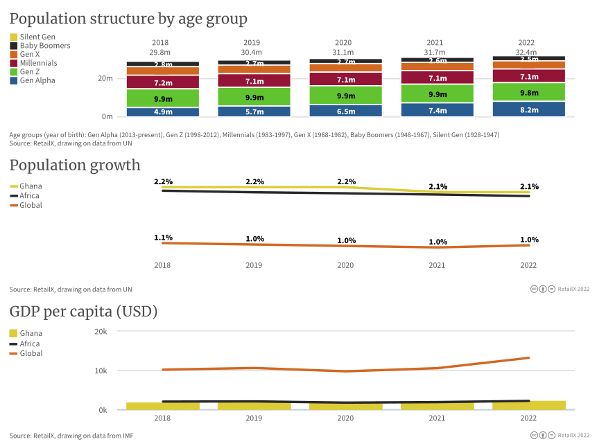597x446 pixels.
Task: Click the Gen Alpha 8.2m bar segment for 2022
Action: pyautogui.click(x=529, y=109)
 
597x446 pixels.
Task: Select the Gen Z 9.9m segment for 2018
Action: pyautogui.click(x=162, y=98)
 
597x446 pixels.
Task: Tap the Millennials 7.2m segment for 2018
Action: pyautogui.click(x=162, y=82)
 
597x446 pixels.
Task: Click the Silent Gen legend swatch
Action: pyautogui.click(x=14, y=37)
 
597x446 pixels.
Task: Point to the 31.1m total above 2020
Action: pyautogui.click(x=345, y=52)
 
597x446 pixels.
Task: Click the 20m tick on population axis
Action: pyautogui.click(x=105, y=78)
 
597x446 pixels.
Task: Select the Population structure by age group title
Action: pyautogui.click(x=128, y=19)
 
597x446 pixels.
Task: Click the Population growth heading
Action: pyautogui.click(x=75, y=165)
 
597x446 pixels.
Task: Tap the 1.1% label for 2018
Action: pyautogui.click(x=163, y=238)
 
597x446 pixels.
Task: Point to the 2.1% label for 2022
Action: pyautogui.click(x=529, y=186)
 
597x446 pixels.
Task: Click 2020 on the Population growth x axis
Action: pyautogui.click(x=345, y=265)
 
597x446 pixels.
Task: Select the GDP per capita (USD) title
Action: pyautogui.click(x=83, y=312)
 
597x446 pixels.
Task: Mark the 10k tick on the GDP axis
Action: pyautogui.click(x=101, y=371)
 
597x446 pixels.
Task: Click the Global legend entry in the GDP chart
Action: pyautogui.click(x=31, y=353)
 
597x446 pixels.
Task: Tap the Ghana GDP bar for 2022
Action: pyautogui.click(x=529, y=405)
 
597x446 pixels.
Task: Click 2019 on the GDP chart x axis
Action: pyautogui.click(x=254, y=418)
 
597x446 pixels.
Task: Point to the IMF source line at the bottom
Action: pyautogui.click(x=71, y=436)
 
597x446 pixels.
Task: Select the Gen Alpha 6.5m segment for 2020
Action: pyautogui.click(x=345, y=111)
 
